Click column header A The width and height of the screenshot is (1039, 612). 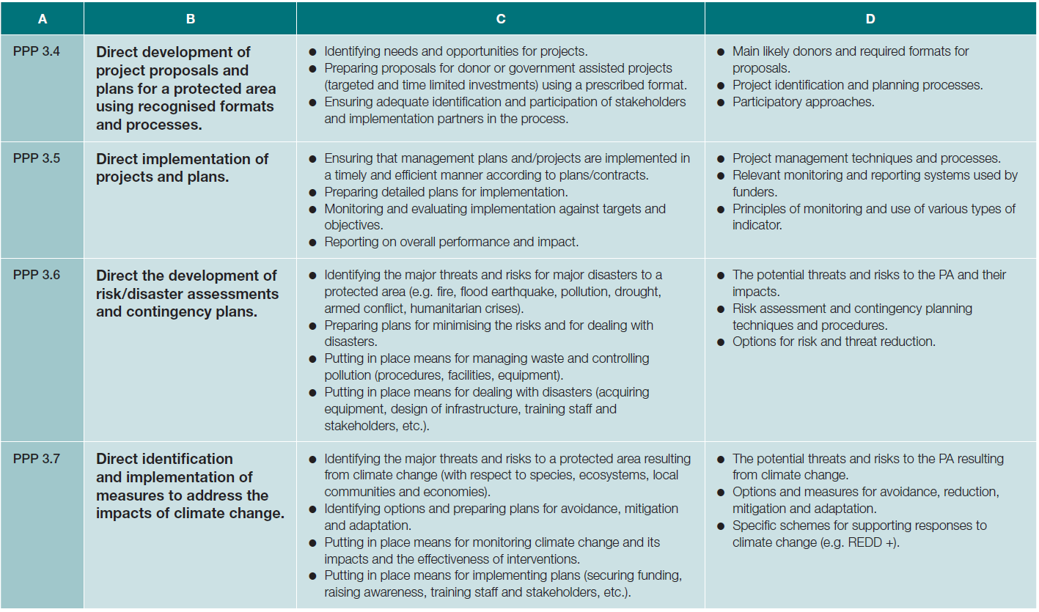43,19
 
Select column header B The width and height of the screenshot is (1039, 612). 190,19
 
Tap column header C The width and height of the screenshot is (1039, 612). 500,19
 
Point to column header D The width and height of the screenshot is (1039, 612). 870,19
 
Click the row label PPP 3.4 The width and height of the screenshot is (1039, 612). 37,51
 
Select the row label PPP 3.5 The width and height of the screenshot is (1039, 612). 37,158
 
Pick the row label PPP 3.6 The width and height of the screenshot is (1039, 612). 37,275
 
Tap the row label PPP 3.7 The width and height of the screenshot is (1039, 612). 37,458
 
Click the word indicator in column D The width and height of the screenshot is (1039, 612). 757,226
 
